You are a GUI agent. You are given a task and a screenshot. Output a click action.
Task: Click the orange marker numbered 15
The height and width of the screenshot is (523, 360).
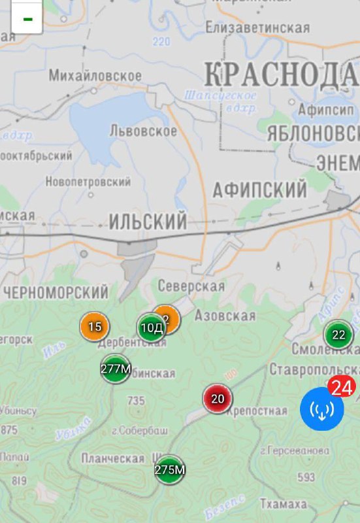tap(95, 326)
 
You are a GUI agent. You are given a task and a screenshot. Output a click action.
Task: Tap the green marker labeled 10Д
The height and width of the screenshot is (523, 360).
tap(152, 328)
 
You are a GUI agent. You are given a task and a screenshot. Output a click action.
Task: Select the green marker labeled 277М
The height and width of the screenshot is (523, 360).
tap(116, 369)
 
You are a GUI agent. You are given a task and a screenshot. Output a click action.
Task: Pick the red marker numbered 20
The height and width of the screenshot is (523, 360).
tap(218, 398)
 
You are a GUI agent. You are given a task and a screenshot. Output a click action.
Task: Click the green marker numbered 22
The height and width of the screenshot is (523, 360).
tap(338, 335)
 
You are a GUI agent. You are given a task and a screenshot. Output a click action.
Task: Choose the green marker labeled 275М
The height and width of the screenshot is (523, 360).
tap(170, 469)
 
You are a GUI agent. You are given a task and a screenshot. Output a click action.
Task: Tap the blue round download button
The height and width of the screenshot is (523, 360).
tap(321, 409)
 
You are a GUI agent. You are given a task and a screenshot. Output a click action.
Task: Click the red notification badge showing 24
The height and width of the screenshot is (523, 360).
tap(341, 388)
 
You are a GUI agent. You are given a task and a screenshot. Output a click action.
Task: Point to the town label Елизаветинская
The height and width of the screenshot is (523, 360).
tap(257, 27)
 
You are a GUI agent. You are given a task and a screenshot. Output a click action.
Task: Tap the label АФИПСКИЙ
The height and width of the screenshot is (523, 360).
tap(259, 190)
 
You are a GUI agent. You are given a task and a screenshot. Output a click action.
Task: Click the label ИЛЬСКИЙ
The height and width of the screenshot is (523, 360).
tap(148, 221)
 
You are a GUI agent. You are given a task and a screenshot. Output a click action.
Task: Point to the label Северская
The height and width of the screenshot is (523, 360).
tap(191, 286)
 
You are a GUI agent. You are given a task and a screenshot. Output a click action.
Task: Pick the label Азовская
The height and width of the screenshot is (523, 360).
tap(226, 316)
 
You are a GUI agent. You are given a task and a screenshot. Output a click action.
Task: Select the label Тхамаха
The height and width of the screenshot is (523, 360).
tap(283, 503)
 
